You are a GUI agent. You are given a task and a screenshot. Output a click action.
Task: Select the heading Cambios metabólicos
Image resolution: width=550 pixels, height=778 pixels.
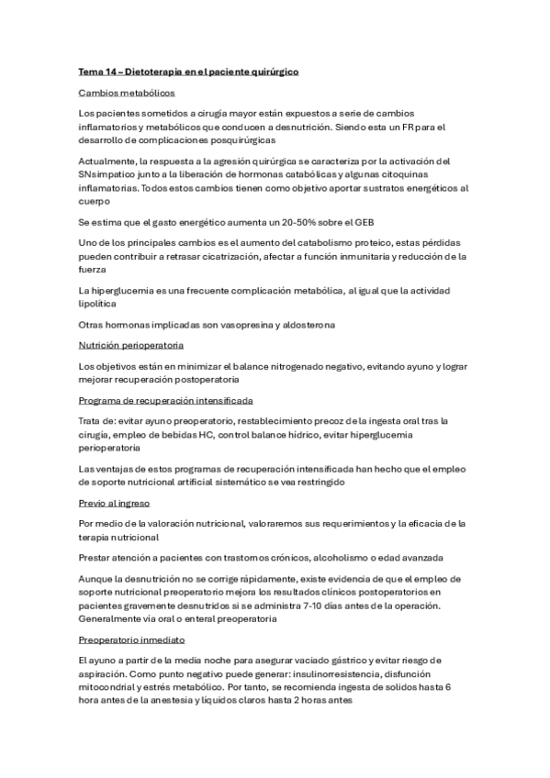pyautogui.click(x=127, y=93)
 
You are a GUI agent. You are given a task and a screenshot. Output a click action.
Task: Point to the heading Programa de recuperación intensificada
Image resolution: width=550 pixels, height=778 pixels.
pyautogui.click(x=166, y=402)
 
